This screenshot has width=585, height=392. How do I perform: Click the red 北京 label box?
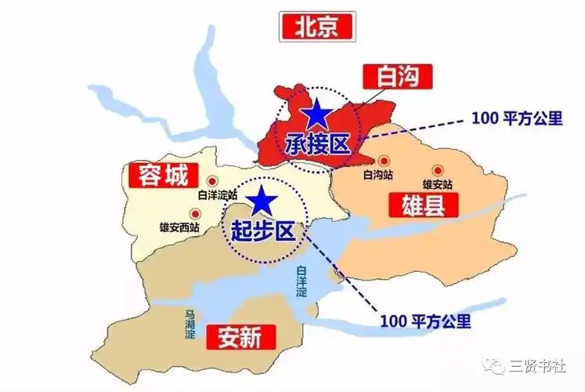click(x=316, y=28)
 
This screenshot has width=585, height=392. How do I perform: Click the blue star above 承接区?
click(x=318, y=114)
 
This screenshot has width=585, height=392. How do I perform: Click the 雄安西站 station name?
click(x=179, y=227)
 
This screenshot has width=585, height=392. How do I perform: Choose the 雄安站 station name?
click(x=439, y=183)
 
